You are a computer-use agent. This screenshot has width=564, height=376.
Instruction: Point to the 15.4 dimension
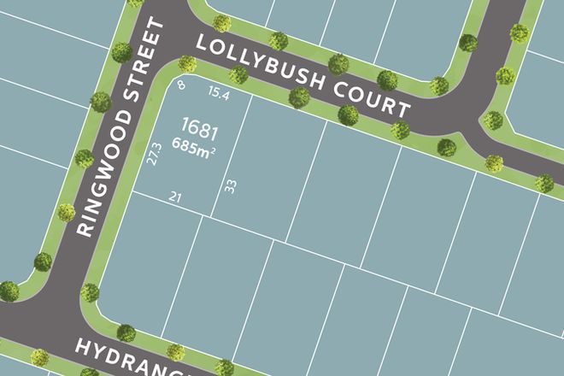220,92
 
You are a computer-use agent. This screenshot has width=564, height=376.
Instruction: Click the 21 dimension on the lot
177,197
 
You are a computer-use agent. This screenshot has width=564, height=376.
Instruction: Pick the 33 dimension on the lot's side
230,185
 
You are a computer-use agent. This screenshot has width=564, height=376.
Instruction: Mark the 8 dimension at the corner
181,85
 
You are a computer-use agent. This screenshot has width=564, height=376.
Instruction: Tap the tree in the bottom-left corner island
9,291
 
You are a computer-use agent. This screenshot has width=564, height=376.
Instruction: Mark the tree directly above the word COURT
387,80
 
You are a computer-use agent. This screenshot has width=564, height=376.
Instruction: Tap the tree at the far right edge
544,182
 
